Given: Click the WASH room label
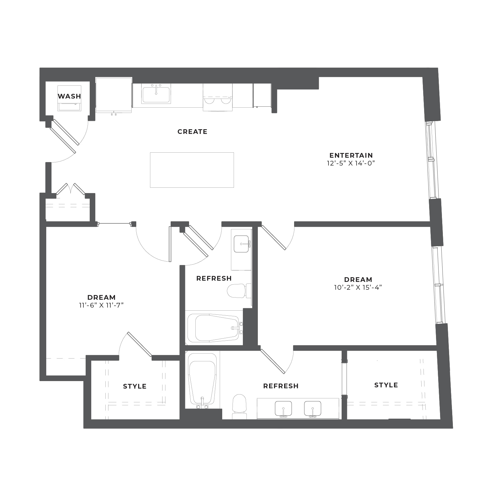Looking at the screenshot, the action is pyautogui.click(x=69, y=96).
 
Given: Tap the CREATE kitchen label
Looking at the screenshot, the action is pyautogui.click(x=193, y=132).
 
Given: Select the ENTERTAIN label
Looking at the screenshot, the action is pyautogui.click(x=351, y=155).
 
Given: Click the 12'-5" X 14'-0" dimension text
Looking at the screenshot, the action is pyautogui.click(x=351, y=163).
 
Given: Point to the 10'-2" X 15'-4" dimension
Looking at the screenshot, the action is pyautogui.click(x=358, y=287).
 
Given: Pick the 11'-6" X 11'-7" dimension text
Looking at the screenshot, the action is pyautogui.click(x=102, y=305).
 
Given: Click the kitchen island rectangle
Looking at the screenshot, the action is pyautogui.click(x=192, y=170).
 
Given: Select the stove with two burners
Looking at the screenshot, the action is pyautogui.click(x=218, y=97).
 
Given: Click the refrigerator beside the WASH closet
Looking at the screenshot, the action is pyautogui.click(x=114, y=95).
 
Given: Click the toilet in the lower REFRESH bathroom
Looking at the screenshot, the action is pyautogui.click(x=240, y=406).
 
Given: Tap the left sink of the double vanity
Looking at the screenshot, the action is pyautogui.click(x=283, y=409).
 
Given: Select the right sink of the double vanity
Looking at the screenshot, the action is pyautogui.click(x=313, y=409).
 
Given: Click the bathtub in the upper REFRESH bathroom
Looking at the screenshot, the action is pyautogui.click(x=214, y=328).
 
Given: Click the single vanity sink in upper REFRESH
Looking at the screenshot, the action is pyautogui.click(x=242, y=244).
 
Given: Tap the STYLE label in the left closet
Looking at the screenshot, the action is pyautogui.click(x=135, y=386).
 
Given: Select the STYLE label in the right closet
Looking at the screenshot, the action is pyautogui.click(x=386, y=385).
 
